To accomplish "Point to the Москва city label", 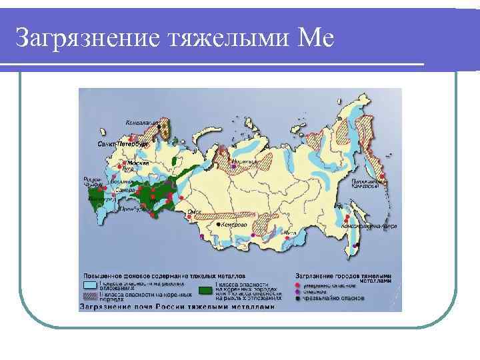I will pos(138,163).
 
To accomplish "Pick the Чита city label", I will pos(289,233).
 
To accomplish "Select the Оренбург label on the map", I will pos(129,209).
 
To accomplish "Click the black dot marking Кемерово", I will pos(216,225).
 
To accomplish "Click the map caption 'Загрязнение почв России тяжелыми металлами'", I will pos(177,307).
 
